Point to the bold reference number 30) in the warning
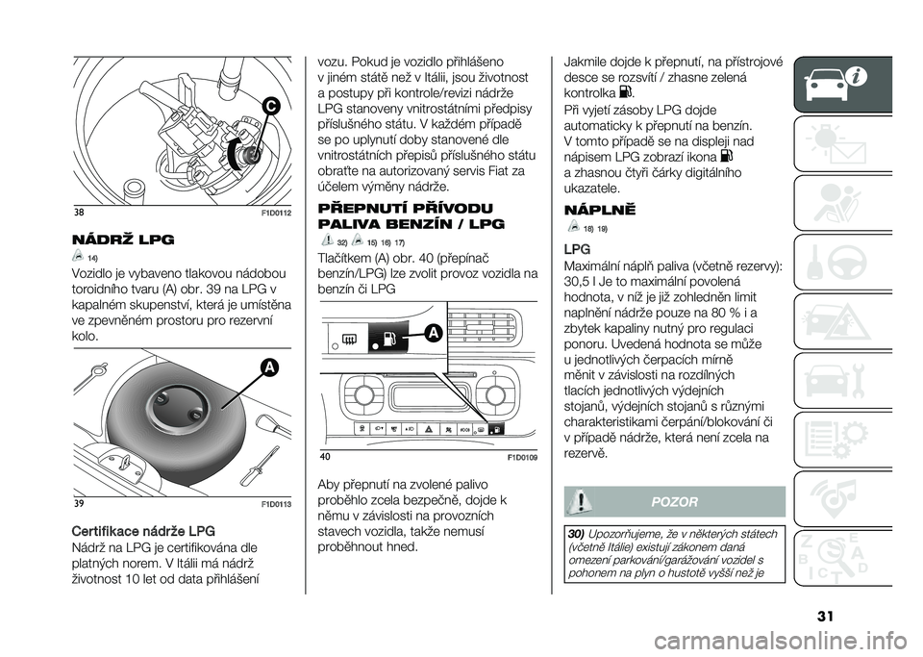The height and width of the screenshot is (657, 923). pos(578,531)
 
